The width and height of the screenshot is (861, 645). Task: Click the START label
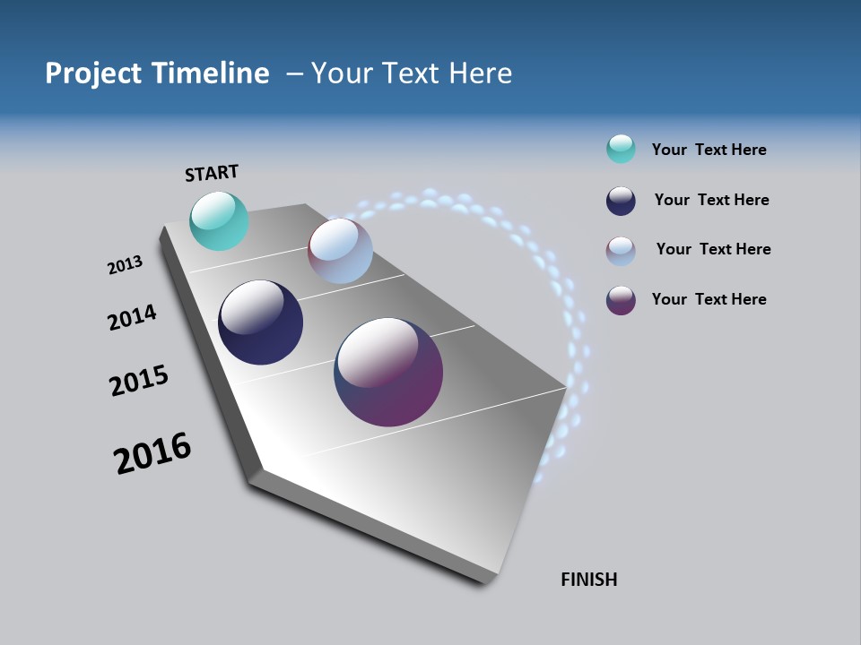click(x=212, y=173)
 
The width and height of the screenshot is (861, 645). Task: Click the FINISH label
click(x=588, y=580)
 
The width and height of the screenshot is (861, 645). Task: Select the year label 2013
click(x=125, y=265)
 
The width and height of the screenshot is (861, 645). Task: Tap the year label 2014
click(x=132, y=317)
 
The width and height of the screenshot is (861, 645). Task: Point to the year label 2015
click(x=139, y=381)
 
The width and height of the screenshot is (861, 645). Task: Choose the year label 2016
click(x=152, y=453)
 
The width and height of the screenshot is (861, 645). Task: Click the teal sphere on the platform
click(x=219, y=221)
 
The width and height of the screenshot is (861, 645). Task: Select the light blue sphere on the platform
click(x=340, y=251)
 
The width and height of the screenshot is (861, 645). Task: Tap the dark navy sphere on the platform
click(x=260, y=322)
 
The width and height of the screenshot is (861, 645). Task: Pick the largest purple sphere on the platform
click(x=388, y=372)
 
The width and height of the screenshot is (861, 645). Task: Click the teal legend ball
click(x=621, y=149)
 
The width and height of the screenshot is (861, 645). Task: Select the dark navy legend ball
click(x=621, y=201)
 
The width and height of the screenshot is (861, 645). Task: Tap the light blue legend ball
click(x=621, y=251)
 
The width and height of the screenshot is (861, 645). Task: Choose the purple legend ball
click(x=621, y=300)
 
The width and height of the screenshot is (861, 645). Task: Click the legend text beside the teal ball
click(x=709, y=150)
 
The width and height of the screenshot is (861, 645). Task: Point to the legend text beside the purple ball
click(x=709, y=299)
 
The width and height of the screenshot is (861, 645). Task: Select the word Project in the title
click(x=95, y=73)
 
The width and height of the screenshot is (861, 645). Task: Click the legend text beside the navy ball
click(x=711, y=200)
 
